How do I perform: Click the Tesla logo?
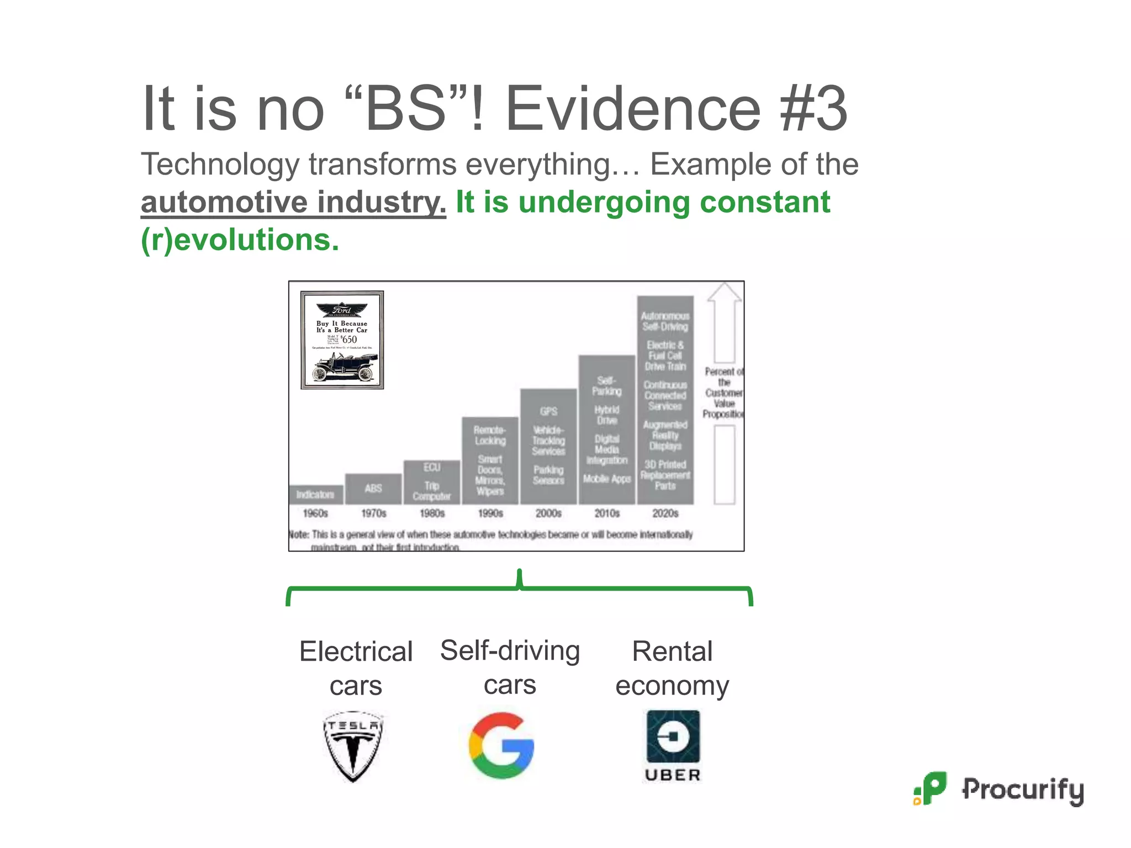353,746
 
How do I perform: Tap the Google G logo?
501,745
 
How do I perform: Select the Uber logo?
673,745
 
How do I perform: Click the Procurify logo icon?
931,788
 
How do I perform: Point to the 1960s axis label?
315,513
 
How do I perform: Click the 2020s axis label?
665,513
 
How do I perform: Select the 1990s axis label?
490,513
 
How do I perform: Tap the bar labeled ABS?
373,489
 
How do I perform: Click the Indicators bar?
315,495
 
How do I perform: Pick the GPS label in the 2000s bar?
548,411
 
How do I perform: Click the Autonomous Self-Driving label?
665,321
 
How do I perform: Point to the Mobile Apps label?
607,479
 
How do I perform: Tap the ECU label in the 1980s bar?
432,468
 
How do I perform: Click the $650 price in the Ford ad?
349,339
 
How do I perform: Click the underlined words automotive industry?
293,202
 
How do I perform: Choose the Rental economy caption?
672,668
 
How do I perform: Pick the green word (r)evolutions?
240,240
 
